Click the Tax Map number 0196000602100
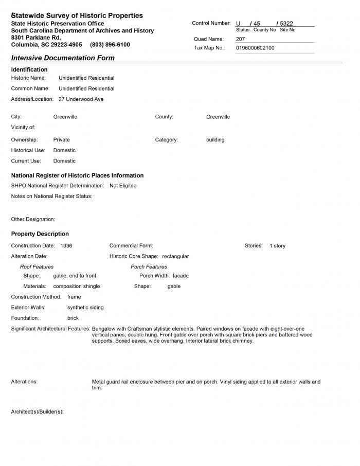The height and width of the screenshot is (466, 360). (x=255, y=48)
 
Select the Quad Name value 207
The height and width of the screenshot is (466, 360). (x=241, y=39)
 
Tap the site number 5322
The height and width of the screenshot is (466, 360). (x=286, y=24)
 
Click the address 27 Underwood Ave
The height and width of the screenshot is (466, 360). (x=81, y=99)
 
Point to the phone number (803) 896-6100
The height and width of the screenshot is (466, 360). (x=110, y=45)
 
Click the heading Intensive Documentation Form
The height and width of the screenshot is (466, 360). (x=63, y=58)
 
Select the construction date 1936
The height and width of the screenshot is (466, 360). (x=66, y=246)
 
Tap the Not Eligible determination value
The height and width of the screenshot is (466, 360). (x=123, y=186)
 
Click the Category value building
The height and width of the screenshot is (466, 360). (x=215, y=140)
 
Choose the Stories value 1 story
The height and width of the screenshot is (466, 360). (x=277, y=246)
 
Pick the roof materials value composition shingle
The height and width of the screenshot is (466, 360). (x=77, y=286)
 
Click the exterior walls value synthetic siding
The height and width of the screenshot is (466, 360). (x=85, y=308)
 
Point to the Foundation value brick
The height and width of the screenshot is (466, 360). (x=73, y=318)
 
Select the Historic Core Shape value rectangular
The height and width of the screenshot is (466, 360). (x=175, y=256)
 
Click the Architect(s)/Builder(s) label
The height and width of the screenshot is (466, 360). (x=37, y=412)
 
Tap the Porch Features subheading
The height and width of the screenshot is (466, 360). (x=149, y=267)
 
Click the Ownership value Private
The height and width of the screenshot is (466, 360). (x=62, y=140)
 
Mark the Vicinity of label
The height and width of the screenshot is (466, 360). (x=23, y=128)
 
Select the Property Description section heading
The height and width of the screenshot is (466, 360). (x=40, y=234)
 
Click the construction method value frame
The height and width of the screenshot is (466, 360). (x=74, y=297)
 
